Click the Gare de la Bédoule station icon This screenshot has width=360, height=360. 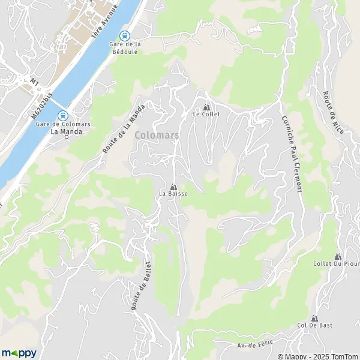click(x=125, y=35)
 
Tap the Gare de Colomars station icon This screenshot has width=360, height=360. click(x=62, y=115)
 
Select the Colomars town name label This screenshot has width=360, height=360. click(x=157, y=135)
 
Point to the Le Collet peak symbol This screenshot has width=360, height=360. click(x=206, y=106)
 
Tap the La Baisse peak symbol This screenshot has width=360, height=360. click(x=173, y=187)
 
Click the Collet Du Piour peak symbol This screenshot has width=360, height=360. click(x=337, y=256)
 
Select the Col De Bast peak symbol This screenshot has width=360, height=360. click(x=314, y=318)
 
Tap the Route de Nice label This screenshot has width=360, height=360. click(x=332, y=113)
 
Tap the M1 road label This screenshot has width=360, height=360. click(x=34, y=80)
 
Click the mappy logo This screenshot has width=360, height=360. click(x=19, y=353)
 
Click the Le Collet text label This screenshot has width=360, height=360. click(x=206, y=114)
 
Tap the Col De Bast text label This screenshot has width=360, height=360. click(x=314, y=326)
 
